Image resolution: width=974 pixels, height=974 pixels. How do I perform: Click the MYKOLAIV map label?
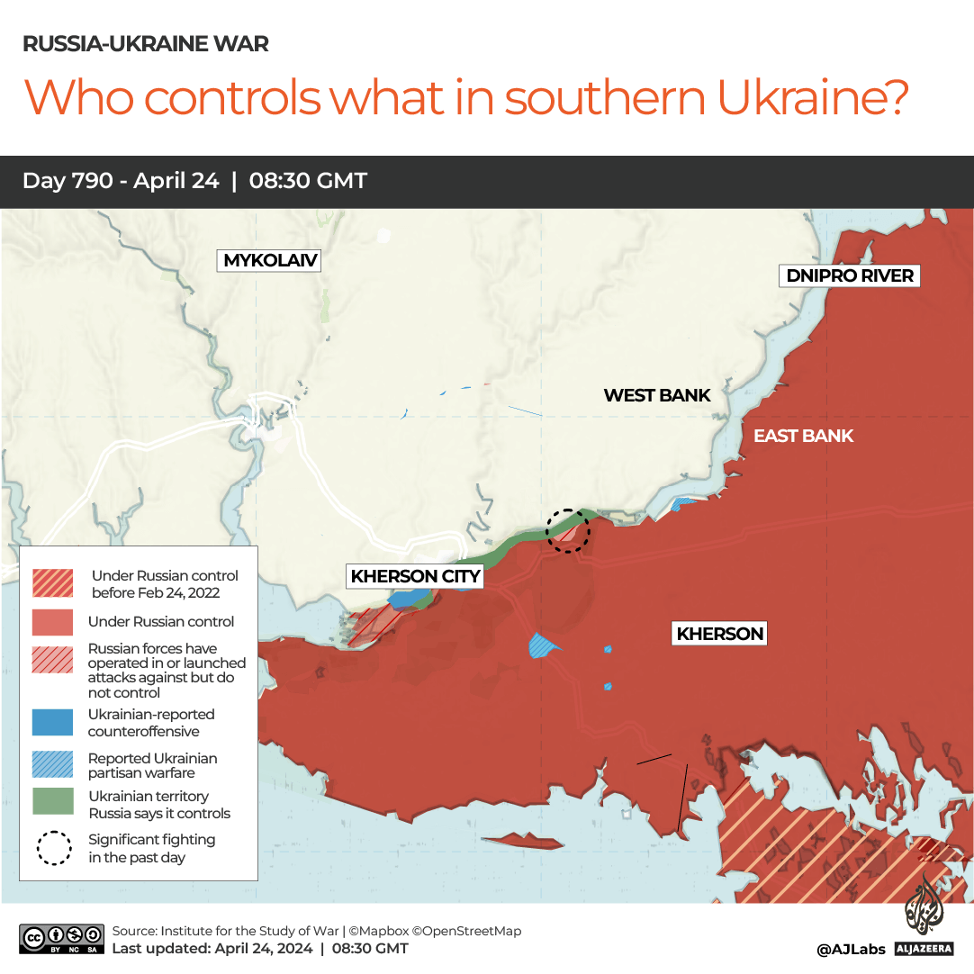coord(270,261)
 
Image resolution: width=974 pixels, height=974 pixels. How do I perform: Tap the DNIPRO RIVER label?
coord(850,275)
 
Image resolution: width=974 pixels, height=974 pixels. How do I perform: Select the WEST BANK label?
coord(657,395)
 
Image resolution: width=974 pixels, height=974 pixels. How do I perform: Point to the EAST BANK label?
coord(803,437)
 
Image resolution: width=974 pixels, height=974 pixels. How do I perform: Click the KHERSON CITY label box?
coord(415,576)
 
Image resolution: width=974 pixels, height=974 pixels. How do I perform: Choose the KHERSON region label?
coord(720,634)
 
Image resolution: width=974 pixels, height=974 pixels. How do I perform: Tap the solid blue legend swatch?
coord(52,722)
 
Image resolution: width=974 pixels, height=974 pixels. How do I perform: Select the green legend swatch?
coord(52,803)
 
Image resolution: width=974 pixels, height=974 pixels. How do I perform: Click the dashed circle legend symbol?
coord(53,847)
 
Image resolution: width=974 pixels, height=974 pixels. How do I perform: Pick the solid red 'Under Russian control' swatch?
coord(52,622)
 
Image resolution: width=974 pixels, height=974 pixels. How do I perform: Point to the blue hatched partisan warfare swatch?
coord(52,764)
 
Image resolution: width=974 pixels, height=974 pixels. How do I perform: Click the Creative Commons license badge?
coord(61,939)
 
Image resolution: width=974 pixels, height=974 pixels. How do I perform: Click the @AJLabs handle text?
coord(851,949)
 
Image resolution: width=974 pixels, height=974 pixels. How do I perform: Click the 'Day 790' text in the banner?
coord(68,181)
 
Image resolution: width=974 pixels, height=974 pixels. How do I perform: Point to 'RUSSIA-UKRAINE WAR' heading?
coord(145,43)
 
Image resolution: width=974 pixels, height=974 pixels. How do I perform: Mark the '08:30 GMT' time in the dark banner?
coord(308,181)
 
